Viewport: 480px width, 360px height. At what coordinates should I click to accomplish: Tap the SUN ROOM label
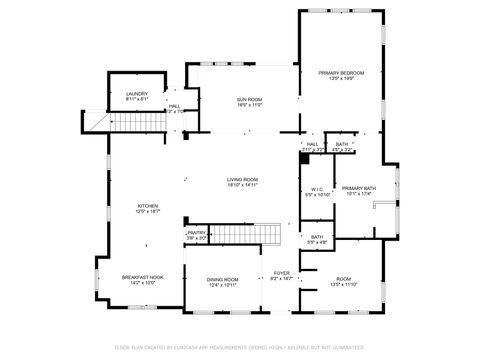tap(249, 100)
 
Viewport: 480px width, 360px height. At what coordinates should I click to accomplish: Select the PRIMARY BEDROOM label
tap(341, 73)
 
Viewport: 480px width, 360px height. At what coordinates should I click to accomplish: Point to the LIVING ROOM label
tap(242, 179)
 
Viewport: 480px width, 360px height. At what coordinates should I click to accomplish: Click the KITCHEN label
tap(147, 207)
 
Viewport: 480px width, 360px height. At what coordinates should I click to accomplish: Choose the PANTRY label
tap(196, 233)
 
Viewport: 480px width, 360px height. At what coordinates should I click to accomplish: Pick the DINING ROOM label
tap(222, 279)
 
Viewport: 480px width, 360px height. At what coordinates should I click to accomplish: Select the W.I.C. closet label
tap(316, 190)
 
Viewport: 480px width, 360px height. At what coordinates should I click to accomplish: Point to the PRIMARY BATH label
tap(358, 188)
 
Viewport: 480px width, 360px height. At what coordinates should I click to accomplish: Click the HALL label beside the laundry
tap(174, 106)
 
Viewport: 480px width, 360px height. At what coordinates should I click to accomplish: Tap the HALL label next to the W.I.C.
tap(312, 144)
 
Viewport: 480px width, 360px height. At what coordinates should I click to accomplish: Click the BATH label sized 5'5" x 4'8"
tap(316, 237)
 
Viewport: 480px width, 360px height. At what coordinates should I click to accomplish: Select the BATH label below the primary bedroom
tap(342, 144)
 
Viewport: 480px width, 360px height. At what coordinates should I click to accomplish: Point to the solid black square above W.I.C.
tap(304, 157)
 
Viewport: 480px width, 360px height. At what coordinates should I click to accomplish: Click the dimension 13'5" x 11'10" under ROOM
tap(343, 285)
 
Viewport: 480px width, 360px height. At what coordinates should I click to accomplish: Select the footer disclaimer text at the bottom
tap(240, 347)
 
